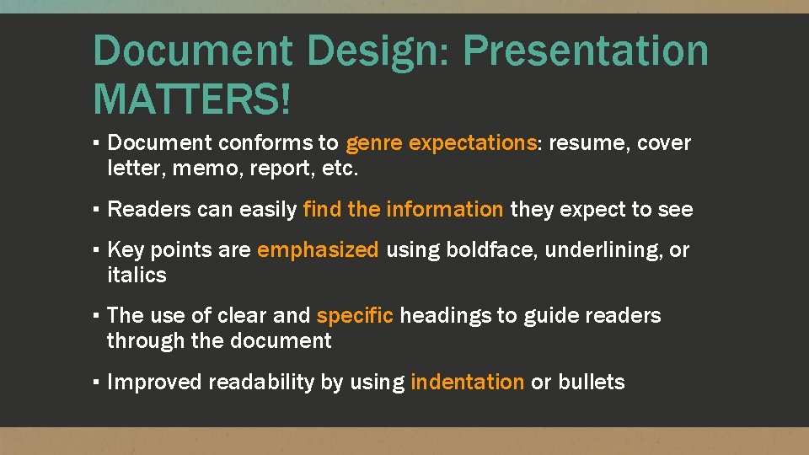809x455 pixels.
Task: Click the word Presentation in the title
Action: tap(586, 52)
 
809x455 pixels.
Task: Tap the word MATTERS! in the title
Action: tap(193, 98)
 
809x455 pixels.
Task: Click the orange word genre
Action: tap(374, 143)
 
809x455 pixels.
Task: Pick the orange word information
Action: tap(444, 209)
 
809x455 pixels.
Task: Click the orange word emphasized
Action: tap(318, 250)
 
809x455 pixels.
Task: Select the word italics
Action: tap(137, 275)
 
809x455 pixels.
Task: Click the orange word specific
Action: tap(355, 316)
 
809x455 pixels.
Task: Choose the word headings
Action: tap(447, 316)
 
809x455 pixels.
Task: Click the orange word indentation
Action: tap(467, 383)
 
